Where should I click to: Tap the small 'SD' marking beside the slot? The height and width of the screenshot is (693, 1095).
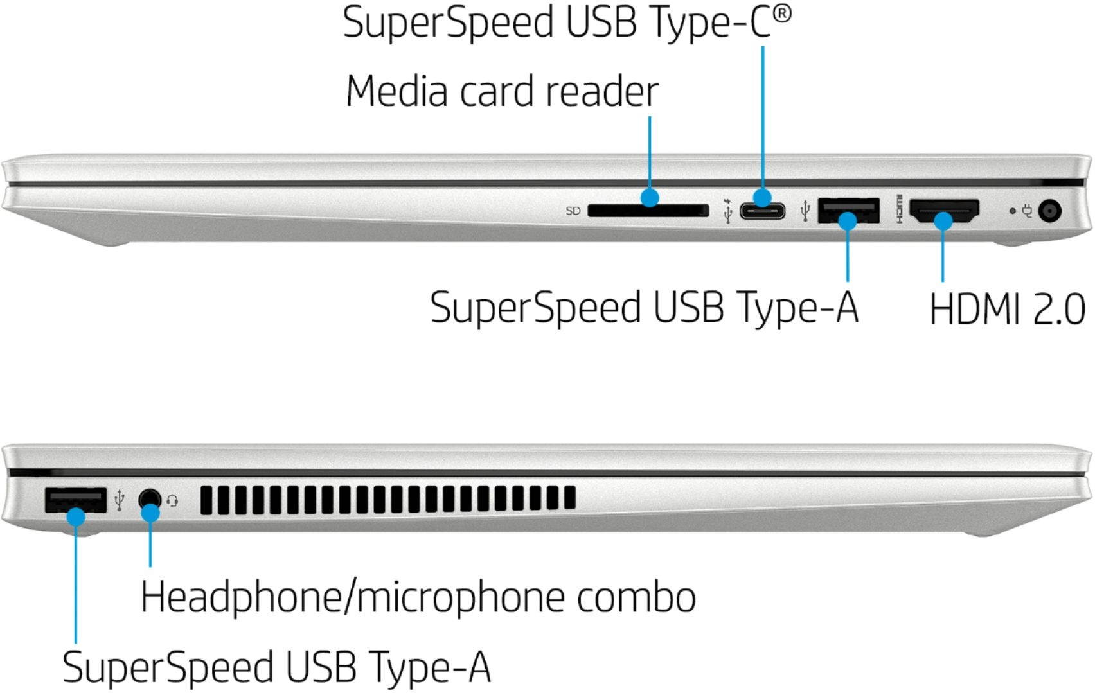(573, 211)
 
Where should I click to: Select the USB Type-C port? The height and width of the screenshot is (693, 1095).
(762, 211)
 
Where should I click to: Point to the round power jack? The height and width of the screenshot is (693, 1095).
(1049, 211)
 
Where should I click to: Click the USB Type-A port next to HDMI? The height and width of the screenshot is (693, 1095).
(848, 209)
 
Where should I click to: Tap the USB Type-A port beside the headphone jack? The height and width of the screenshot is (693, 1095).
(75, 500)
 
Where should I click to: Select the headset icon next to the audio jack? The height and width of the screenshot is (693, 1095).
(172, 500)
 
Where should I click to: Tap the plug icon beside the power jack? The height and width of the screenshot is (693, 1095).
(1028, 210)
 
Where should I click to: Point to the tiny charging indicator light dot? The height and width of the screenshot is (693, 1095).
(1013, 210)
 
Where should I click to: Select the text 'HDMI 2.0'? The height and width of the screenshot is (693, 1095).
(1007, 309)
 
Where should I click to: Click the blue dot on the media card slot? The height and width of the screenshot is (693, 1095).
(650, 197)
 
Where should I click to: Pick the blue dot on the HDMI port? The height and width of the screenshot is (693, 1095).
(943, 222)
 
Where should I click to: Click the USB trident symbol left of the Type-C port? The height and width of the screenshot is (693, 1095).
(727, 211)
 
